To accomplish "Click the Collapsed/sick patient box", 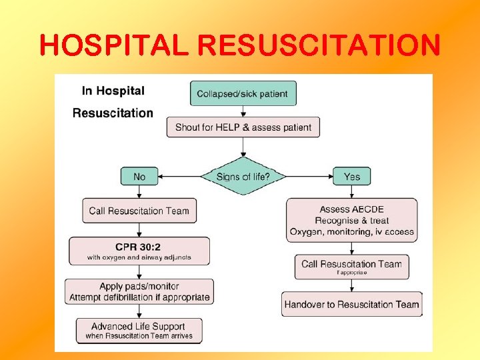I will point(243,93).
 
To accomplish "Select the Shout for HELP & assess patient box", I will point(243,127).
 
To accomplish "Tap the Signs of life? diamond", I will point(243,177).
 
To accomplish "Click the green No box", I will point(139,177).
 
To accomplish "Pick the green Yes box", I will point(351,177).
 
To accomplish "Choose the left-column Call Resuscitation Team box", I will point(139,211).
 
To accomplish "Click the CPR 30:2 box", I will point(139,251).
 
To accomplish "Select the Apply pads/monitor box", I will point(139,291).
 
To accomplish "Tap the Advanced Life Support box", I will point(139,331).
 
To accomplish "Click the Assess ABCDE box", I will point(351,220).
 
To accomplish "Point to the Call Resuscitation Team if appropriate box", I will point(351,267).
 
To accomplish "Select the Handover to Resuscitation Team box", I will point(351,305).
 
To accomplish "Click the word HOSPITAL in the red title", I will point(115,45).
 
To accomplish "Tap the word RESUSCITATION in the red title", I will point(319,45).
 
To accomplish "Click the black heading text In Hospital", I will point(113,91).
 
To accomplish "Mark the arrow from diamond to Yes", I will point(310,177).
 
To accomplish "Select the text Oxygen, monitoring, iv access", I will point(351,232).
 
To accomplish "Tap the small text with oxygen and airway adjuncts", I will point(139,257).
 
